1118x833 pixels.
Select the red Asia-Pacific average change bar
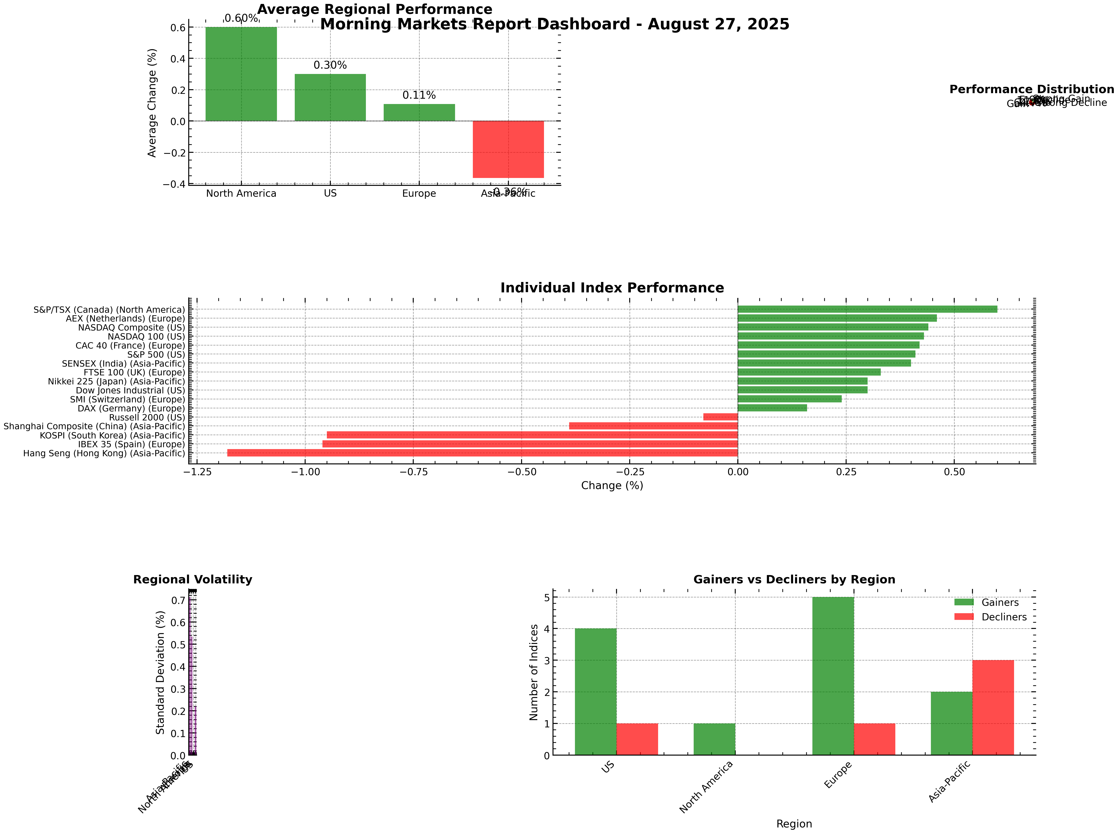(508, 149)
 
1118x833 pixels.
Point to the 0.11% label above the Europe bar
(419, 95)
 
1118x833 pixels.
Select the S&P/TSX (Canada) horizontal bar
(867, 309)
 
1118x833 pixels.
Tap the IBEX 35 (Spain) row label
(131, 444)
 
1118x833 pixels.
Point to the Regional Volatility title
(192, 579)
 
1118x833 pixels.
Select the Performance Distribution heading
(1031, 89)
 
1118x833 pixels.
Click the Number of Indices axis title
(534, 672)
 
